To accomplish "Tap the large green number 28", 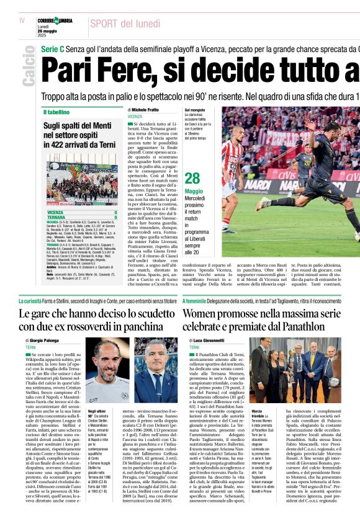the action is [x=192, y=179].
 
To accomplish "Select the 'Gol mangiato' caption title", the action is [x=194, y=109].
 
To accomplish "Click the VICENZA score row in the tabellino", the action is [x=81, y=212].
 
